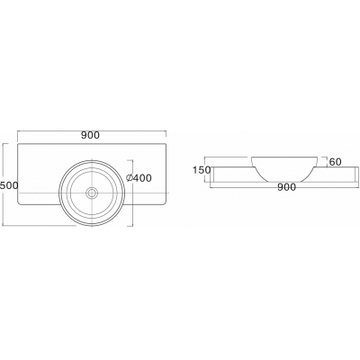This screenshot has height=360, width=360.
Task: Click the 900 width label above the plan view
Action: pos(90,135)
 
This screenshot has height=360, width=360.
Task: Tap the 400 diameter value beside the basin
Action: pos(142,178)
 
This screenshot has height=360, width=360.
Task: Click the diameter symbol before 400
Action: pos(130,178)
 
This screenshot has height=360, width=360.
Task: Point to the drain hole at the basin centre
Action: pos(92,193)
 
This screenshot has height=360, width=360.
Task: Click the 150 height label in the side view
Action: pos(202,170)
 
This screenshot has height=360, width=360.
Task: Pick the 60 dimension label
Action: pos(336,162)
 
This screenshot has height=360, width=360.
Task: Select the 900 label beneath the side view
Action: pos(286,187)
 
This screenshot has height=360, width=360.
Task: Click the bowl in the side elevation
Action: pos(284,169)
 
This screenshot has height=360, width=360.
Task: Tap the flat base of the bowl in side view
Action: pos(284,182)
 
